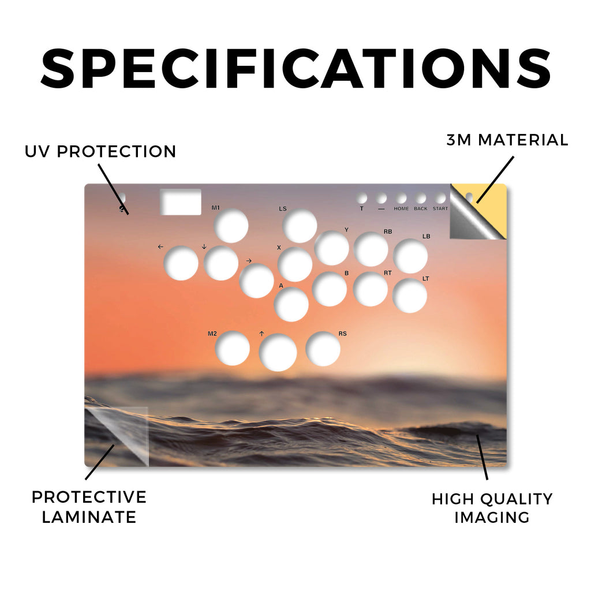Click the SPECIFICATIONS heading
(x=296, y=69)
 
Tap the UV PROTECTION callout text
(x=100, y=152)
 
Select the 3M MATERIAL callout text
(x=507, y=140)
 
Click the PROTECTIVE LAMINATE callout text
(x=89, y=507)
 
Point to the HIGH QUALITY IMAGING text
(x=492, y=508)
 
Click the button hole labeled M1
(x=231, y=226)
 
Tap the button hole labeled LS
(x=300, y=226)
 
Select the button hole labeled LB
(x=410, y=256)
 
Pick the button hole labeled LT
(x=410, y=295)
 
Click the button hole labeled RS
(x=323, y=349)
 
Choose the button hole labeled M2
(x=232, y=348)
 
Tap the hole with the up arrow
(x=278, y=353)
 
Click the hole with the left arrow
(x=181, y=263)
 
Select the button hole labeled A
(x=291, y=304)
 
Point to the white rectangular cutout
(x=181, y=202)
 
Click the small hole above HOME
(x=401, y=199)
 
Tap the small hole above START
(x=440, y=199)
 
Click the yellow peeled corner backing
(x=490, y=205)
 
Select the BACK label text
(x=421, y=208)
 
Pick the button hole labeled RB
(x=371, y=249)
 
